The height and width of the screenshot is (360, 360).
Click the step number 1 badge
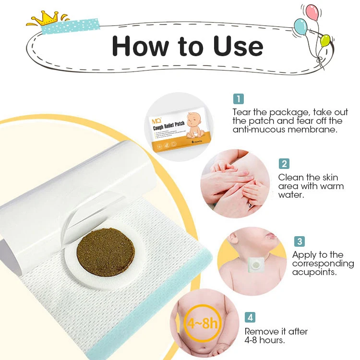click(239, 99)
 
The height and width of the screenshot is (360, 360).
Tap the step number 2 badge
click(285, 164)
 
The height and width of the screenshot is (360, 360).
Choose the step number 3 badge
click(299, 241)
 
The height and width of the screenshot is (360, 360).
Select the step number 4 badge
click(251, 317)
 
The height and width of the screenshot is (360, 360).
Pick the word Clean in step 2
click(291, 177)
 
